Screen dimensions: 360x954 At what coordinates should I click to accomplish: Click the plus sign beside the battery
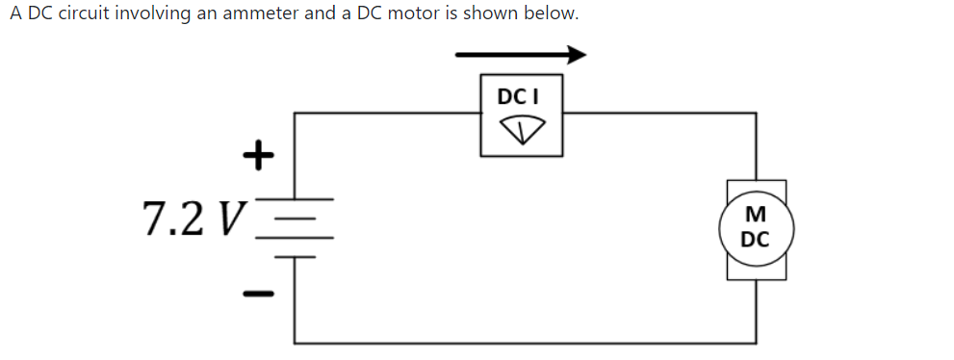pos(257,153)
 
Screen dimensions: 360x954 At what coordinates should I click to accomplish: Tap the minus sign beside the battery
pos(257,291)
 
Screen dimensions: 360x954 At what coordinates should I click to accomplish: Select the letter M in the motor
pos(756,214)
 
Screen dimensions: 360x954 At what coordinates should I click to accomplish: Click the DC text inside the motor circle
pos(756,238)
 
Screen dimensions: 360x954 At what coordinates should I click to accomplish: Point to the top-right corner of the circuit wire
pos(756,114)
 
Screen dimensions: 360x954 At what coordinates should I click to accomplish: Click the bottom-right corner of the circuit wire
pos(756,342)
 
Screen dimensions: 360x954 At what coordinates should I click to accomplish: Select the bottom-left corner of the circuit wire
pos(295,342)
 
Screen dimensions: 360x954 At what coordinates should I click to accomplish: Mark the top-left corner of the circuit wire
pos(295,114)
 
